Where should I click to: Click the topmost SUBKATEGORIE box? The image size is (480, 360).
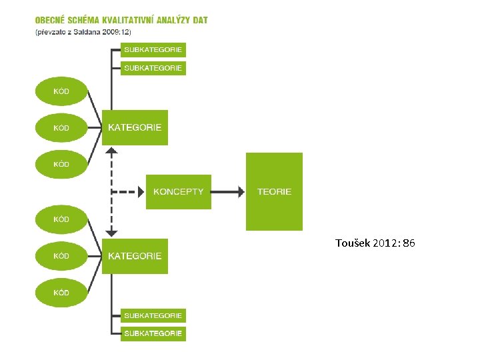[153, 50]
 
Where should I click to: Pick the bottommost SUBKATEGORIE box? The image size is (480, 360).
[153, 333]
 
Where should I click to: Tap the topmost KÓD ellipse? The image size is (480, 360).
[61, 91]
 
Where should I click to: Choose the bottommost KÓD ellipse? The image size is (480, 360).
[61, 292]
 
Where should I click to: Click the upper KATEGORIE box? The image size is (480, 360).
[135, 127]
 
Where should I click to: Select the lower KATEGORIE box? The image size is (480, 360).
[135, 256]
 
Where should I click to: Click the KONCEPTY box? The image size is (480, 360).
[178, 191]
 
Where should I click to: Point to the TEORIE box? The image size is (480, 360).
[274, 191]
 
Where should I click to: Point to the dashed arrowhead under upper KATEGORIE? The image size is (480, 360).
[112, 151]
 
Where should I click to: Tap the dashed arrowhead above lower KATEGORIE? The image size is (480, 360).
[112, 233]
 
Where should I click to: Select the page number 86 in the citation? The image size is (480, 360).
[409, 243]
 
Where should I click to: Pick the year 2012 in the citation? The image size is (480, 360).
[386, 243]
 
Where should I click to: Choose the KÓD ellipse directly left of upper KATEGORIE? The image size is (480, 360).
[61, 127]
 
